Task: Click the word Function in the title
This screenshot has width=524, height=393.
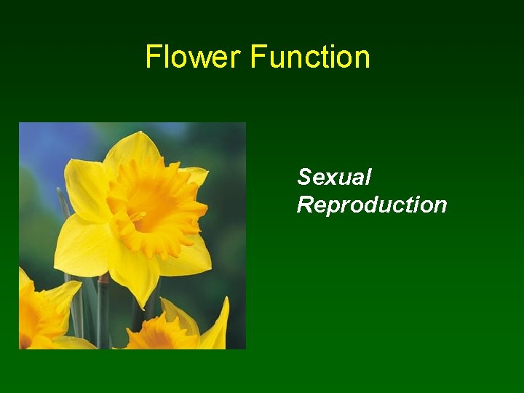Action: click(311, 57)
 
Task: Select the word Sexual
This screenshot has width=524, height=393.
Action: click(334, 177)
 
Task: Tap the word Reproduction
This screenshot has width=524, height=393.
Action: click(371, 205)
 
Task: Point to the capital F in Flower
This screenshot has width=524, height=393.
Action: click(152, 57)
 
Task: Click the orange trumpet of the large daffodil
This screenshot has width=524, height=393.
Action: click(156, 207)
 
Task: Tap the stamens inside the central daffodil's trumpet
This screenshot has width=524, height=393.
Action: click(138, 216)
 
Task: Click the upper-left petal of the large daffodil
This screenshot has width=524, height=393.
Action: click(85, 186)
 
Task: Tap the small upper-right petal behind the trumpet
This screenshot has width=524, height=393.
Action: click(195, 176)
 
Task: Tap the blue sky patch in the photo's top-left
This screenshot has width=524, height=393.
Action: click(44, 146)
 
